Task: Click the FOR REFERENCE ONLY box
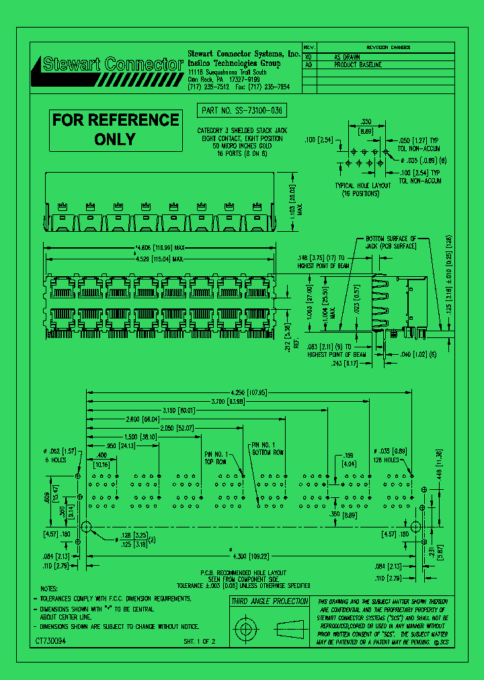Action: tap(116, 130)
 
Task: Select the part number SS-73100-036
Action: tap(243, 110)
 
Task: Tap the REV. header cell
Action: tap(309, 48)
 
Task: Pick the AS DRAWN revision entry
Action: tap(348, 57)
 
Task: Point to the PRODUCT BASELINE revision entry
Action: tap(358, 65)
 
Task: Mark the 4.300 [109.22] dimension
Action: tap(250, 556)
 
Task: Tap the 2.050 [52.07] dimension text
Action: tap(177, 427)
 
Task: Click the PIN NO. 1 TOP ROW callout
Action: tap(216, 458)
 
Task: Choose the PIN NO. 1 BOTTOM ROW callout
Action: tap(268, 449)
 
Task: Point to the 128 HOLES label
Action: tap(387, 460)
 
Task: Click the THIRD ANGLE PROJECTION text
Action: tap(270, 601)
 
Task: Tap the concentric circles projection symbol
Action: tap(244, 630)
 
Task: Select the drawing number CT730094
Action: tap(50, 642)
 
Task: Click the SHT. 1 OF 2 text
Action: tap(200, 642)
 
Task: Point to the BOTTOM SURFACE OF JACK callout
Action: tap(391, 243)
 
